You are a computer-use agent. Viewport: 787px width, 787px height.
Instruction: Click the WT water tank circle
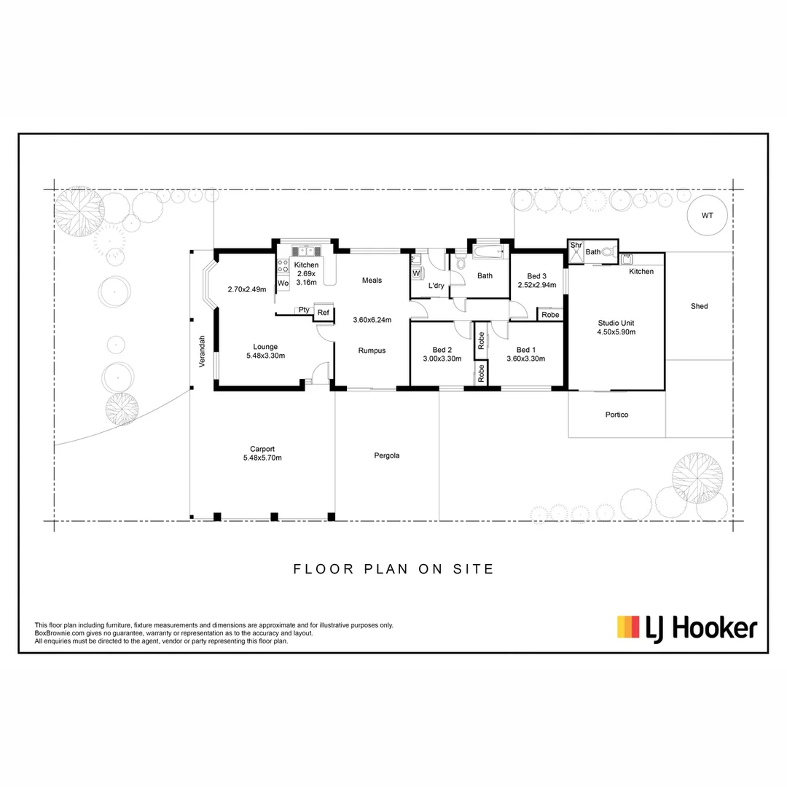[707, 215]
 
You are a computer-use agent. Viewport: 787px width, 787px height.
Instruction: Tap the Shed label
[699, 307]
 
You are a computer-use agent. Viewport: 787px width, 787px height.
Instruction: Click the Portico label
[616, 415]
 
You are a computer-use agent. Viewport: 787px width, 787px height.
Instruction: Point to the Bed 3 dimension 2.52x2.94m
[536, 286]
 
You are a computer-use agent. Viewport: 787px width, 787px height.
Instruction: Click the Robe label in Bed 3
[550, 315]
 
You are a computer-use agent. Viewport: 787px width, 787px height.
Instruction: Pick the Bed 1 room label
[525, 349]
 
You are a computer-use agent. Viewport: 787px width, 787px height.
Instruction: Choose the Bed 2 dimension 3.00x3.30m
[442, 358]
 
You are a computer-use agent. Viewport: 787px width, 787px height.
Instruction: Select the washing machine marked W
[416, 273]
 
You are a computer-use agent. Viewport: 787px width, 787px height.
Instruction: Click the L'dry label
[436, 286]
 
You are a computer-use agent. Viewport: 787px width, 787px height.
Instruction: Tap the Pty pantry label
[303, 310]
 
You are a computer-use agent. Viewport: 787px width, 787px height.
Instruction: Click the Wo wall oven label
[283, 283]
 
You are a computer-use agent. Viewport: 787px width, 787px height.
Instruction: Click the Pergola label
[386, 455]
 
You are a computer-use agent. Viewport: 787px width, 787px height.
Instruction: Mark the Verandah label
[204, 351]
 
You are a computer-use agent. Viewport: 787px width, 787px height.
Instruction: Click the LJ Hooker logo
[686, 627]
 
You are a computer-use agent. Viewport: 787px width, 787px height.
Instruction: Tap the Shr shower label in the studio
[576, 246]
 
